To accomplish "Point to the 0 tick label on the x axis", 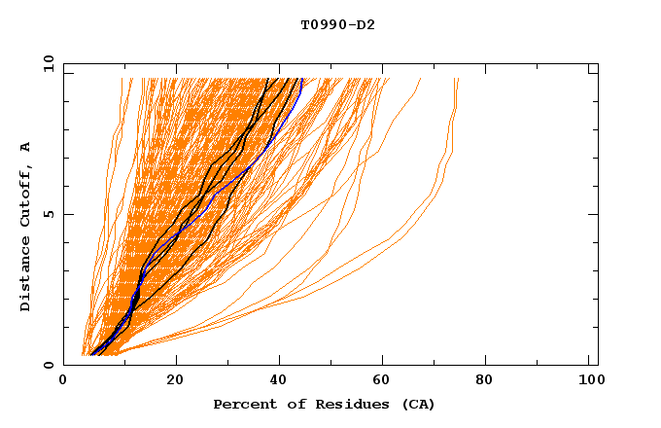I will (63, 382).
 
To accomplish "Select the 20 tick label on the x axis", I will (175, 382).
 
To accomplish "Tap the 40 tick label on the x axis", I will (280, 382).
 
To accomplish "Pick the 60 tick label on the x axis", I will (385, 382).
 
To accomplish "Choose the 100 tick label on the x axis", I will (588, 382).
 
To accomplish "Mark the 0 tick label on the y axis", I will (49, 365).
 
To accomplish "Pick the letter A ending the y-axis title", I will (26, 146).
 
